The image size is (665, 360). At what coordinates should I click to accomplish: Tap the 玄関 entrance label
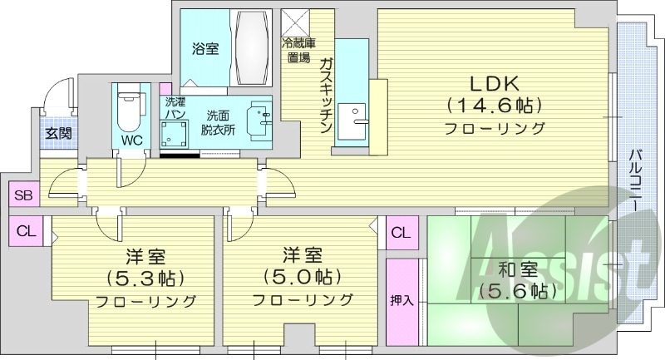click(58, 132)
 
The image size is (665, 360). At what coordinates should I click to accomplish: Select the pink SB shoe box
click(22, 197)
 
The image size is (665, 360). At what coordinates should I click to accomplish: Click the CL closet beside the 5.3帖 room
click(25, 231)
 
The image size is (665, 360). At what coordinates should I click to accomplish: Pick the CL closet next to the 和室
click(401, 232)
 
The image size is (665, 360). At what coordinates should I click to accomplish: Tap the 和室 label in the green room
click(510, 269)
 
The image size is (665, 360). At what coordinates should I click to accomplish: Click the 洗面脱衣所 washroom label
click(220, 122)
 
